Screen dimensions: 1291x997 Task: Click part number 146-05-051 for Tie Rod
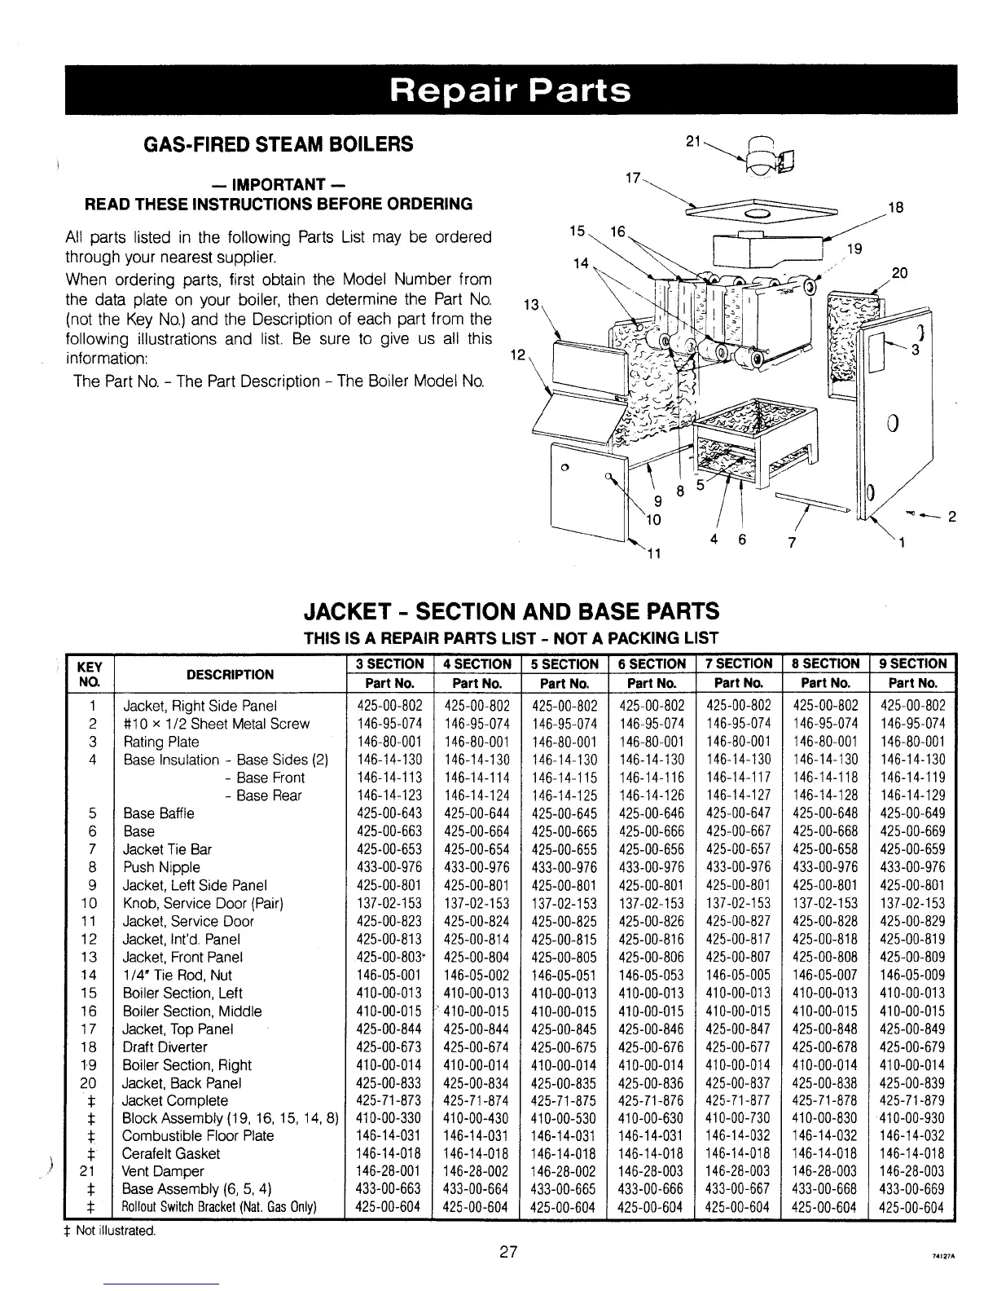point(564,976)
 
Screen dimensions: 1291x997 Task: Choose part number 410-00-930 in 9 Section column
point(912,1117)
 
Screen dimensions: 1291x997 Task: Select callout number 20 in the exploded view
point(899,273)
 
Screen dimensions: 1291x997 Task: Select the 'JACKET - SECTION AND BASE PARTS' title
point(511,611)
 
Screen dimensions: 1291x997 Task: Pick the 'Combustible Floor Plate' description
point(198,1135)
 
